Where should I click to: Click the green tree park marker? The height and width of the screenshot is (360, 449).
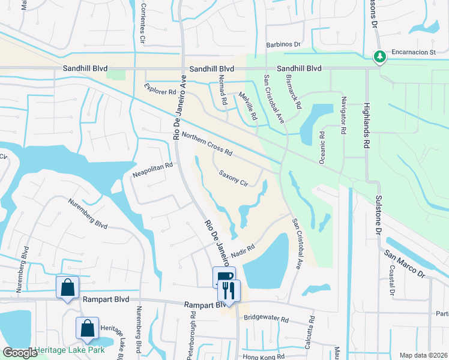379,56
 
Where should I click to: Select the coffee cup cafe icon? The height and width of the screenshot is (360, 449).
223,277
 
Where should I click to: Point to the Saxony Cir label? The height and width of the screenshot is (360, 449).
234,178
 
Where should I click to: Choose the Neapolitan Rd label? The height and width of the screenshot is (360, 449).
152,170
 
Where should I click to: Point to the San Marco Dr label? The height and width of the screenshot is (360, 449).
405,262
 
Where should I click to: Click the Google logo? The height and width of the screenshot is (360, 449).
20,353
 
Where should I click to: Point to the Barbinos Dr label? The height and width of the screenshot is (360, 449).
283,45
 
